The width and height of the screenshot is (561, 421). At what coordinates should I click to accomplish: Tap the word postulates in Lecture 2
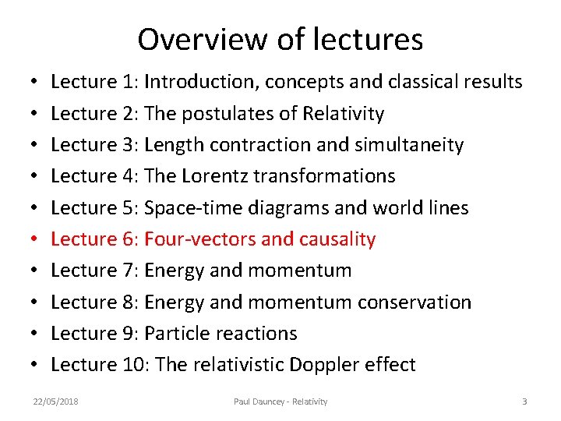pyautogui.click(x=228, y=114)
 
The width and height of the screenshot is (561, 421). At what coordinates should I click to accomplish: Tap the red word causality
pyautogui.click(x=336, y=239)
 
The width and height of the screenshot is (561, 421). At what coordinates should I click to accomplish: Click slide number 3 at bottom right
pyautogui.click(x=524, y=402)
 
